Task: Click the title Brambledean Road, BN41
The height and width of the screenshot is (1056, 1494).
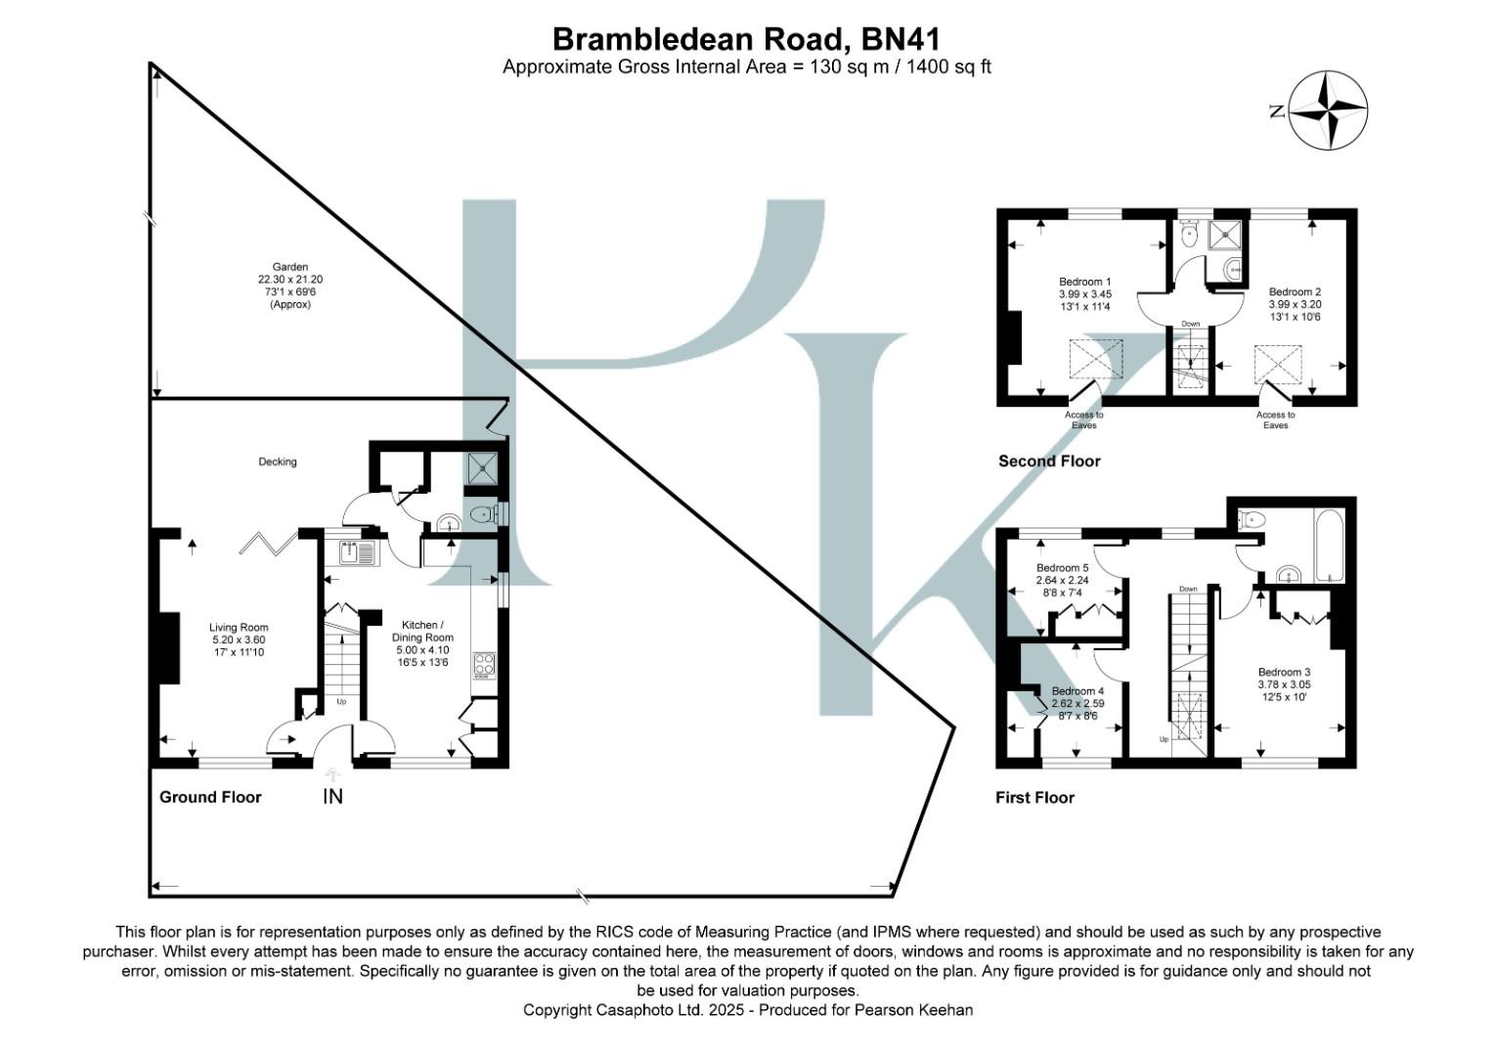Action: pos(746,39)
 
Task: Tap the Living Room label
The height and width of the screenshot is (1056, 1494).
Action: pos(239,628)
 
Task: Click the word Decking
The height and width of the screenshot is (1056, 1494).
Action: pos(278,462)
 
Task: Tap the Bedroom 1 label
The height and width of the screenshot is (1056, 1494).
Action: pos(1084,282)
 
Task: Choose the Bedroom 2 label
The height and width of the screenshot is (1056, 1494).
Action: pos(1295,291)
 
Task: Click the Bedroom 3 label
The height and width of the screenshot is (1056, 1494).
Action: pos(1284,672)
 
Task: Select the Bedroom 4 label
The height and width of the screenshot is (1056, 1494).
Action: pos(1077,691)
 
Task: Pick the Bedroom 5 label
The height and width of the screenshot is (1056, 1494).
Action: pos(1062,568)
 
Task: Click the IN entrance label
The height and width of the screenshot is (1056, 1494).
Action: pos(332,797)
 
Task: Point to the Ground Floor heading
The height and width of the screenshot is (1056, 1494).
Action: pos(210,797)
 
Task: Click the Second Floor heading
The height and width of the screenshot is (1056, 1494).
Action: pos(1048,462)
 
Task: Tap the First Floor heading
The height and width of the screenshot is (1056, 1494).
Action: pos(1034,798)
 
